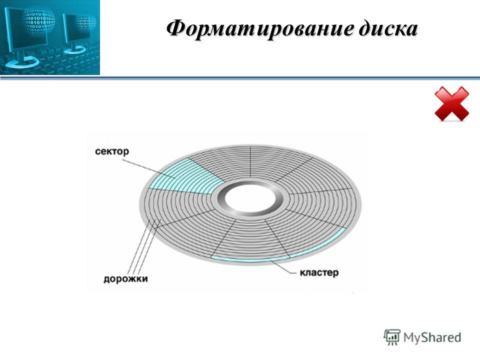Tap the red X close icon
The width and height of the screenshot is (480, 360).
click(452, 104)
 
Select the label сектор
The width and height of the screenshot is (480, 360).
click(112, 151)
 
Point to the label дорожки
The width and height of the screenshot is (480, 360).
click(125, 279)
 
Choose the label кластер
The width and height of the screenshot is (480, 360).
click(319, 272)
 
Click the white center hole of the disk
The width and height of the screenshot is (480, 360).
click(250, 198)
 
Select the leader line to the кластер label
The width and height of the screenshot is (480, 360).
click(283, 266)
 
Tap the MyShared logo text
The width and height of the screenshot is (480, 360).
click(432, 337)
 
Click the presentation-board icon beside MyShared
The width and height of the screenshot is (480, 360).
click(392, 337)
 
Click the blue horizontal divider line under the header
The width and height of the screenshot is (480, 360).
click(240, 78)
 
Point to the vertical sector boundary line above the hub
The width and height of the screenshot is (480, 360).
click(250, 162)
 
